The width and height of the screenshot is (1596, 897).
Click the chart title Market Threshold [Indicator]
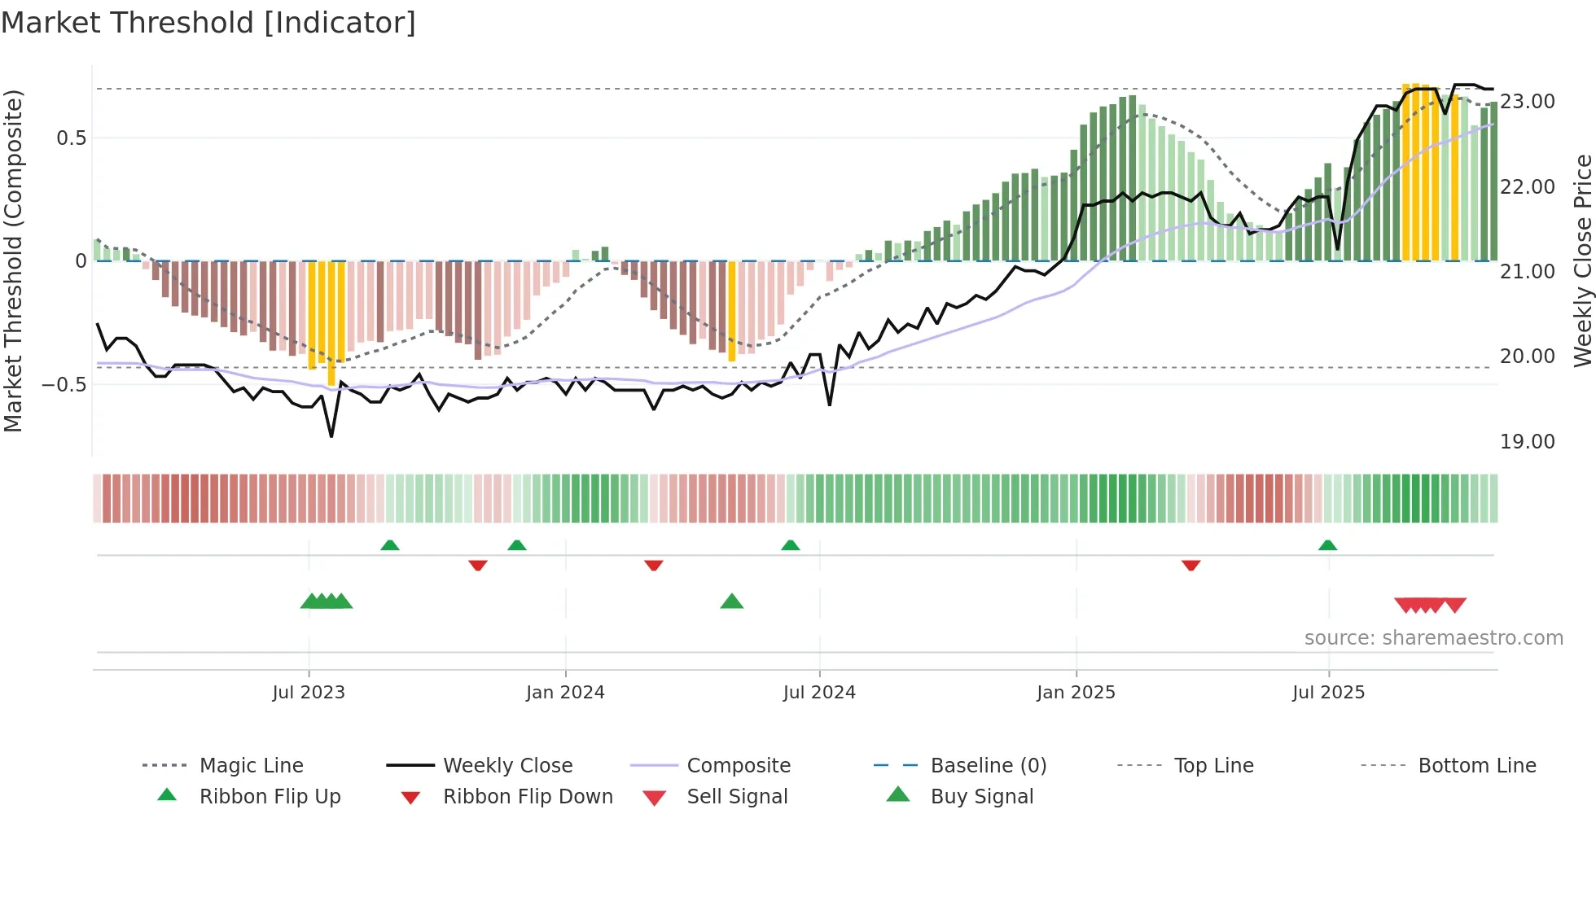pyautogui.click(x=208, y=23)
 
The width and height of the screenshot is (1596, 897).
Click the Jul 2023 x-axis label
pyautogui.click(x=309, y=693)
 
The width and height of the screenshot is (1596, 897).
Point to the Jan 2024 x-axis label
pyautogui.click(x=565, y=693)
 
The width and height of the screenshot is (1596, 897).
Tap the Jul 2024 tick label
pyautogui.click(x=819, y=693)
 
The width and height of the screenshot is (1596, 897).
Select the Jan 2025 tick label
pyautogui.click(x=1076, y=693)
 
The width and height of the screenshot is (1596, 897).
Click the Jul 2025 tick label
pyautogui.click(x=1328, y=693)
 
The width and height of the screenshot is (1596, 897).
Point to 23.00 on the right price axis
pyautogui.click(x=1527, y=102)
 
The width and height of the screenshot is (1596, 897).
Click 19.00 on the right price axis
pyautogui.click(x=1527, y=442)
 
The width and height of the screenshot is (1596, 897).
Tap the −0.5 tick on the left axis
pyautogui.click(x=64, y=384)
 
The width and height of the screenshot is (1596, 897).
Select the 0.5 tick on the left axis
pyautogui.click(x=71, y=138)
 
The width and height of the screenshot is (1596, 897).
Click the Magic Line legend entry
pyautogui.click(x=251, y=766)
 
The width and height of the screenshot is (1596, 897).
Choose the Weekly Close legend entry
pyautogui.click(x=507, y=766)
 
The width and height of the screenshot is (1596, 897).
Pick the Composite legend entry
pyautogui.click(x=738, y=766)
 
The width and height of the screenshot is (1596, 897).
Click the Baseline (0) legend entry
pyautogui.click(x=988, y=766)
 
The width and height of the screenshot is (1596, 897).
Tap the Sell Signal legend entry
pyautogui.click(x=736, y=797)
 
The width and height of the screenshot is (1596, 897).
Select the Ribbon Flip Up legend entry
pyautogui.click(x=270, y=797)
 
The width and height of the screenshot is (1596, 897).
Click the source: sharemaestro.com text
pyautogui.click(x=1433, y=638)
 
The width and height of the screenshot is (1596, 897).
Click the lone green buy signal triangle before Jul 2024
pyautogui.click(x=731, y=602)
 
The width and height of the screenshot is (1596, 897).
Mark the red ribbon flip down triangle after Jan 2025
pyautogui.click(x=1190, y=565)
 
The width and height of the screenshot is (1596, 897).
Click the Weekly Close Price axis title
pyautogui.click(x=1582, y=260)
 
